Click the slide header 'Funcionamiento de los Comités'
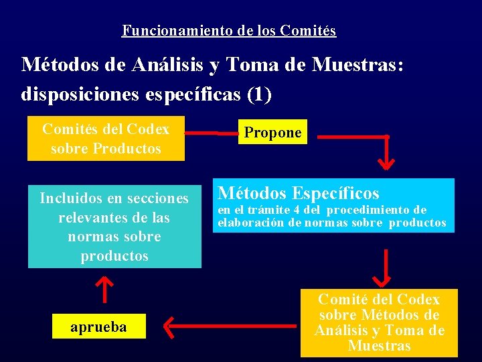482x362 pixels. point(229,31)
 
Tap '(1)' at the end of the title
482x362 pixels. point(259,95)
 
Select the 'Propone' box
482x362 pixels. point(272,133)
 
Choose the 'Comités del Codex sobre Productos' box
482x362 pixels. point(106,138)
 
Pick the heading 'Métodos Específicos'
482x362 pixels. point(299,194)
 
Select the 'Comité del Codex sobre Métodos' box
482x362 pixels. point(379,322)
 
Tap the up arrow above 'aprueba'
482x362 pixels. point(103,288)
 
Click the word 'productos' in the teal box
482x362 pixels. point(114,256)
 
